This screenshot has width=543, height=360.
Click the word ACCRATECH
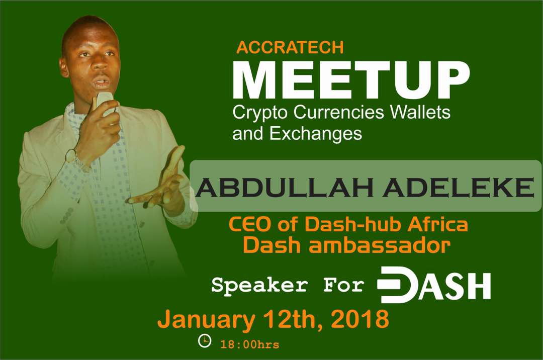point(290,47)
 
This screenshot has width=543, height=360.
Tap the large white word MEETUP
point(351,80)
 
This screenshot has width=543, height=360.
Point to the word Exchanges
point(315,134)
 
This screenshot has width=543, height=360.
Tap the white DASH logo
point(433,284)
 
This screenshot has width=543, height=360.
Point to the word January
point(206,320)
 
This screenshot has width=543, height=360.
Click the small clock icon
point(204,340)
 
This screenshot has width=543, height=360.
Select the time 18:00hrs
point(250,344)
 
